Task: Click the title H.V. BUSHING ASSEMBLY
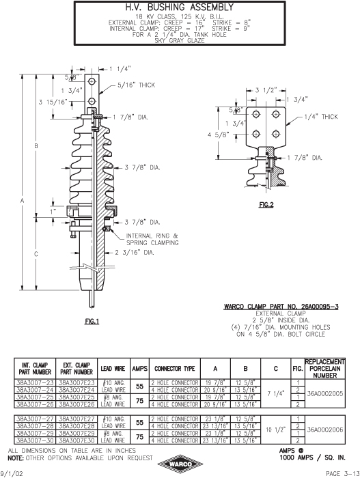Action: pos(180,8)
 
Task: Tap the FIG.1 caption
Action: pos(92,321)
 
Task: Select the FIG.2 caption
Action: pos(266,205)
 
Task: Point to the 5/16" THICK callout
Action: pos(137,85)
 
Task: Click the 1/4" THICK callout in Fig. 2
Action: pos(321,117)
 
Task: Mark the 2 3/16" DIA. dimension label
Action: pos(135,253)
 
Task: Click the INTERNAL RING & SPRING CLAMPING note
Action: pos(152,239)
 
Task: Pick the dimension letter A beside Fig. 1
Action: pos(22,201)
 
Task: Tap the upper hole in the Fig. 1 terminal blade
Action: pos(92,81)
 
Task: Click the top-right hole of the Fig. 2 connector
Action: pos(276,114)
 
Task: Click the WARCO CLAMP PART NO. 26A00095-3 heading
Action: pos(281,307)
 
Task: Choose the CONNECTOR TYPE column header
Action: pos(174,369)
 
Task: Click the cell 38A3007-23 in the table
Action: pos(35,382)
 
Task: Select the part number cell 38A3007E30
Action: pos(77,440)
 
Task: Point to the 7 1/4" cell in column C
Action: pos(276,393)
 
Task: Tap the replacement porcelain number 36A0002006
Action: pos(325,430)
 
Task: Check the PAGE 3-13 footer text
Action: pos(343,473)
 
